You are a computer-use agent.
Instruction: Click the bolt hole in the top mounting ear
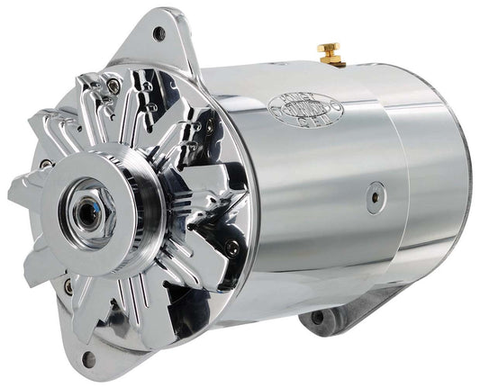tap(159, 34)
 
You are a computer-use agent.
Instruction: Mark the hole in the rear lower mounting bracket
tap(317, 317)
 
